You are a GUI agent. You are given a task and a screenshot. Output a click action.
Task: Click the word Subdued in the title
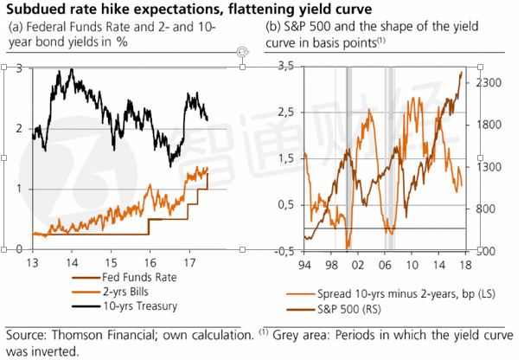35,10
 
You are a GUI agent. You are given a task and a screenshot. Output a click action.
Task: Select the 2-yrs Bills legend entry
112,292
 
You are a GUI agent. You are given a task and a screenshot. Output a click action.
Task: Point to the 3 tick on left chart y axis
20,68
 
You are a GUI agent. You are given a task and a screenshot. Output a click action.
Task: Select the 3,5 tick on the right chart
285,67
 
